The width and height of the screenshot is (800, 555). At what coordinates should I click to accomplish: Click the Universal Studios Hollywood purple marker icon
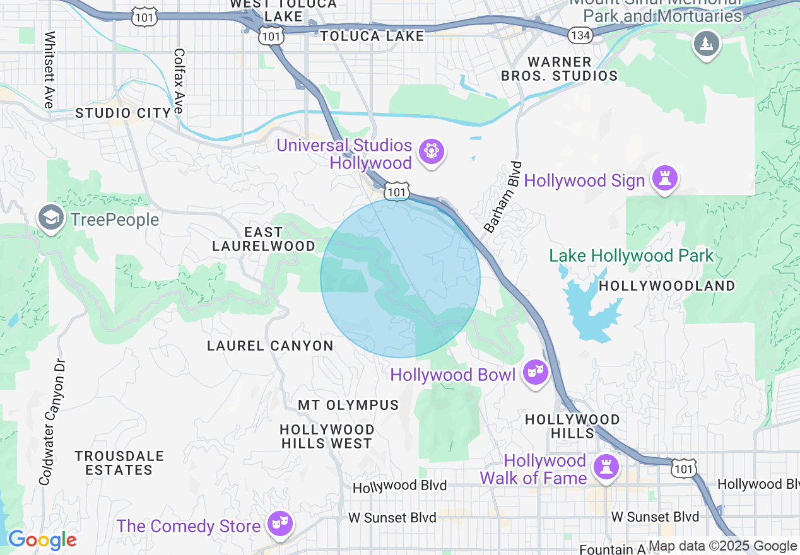point(432,151)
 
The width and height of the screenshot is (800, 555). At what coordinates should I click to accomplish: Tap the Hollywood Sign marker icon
point(664,178)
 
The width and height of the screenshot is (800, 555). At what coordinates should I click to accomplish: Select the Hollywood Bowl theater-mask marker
point(535,373)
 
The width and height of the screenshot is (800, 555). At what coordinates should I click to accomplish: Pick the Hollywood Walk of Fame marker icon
point(606,467)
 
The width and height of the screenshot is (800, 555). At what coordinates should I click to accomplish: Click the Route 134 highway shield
point(580,35)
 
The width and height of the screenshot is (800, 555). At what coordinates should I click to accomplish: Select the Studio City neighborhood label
point(124,114)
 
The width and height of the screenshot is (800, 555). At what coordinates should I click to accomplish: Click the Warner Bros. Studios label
point(559,69)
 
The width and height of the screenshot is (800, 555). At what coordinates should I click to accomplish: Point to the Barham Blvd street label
point(503,196)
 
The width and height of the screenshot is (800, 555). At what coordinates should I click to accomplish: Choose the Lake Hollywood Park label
point(631,255)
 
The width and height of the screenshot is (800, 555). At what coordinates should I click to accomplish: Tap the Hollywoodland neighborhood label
point(666,286)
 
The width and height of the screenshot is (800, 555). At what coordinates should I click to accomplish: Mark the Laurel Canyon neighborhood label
point(270,346)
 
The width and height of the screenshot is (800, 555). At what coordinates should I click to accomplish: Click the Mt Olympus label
point(348,405)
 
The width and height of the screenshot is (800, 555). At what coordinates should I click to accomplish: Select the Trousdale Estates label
point(119,463)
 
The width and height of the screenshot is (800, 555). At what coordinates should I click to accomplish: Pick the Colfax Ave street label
point(179,81)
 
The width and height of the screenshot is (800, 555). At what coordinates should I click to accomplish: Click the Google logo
point(42,540)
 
